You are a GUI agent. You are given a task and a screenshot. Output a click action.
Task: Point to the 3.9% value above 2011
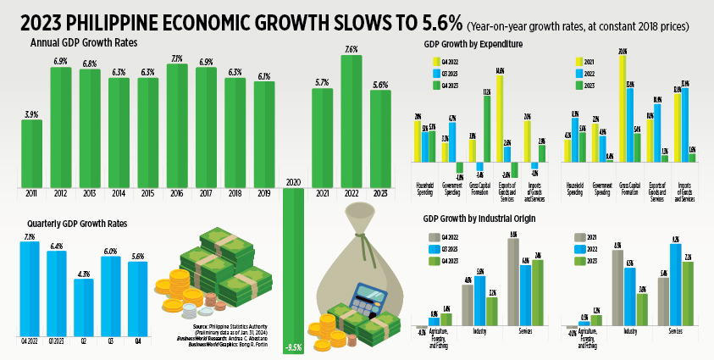[31, 114]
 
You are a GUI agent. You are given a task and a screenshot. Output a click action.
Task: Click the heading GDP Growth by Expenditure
[473, 43]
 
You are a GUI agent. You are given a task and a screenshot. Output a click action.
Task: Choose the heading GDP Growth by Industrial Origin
[479, 219]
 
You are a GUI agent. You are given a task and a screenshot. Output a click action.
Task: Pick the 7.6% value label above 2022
[351, 49]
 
